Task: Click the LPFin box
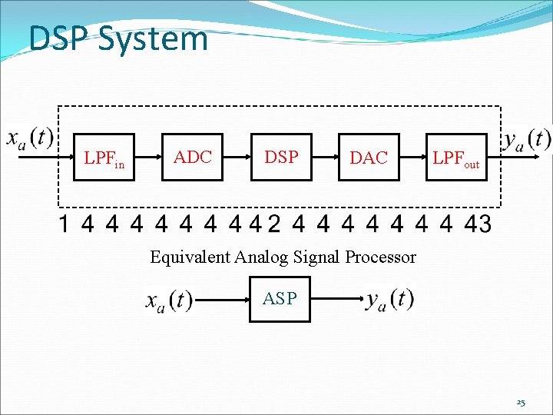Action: [x=104, y=158]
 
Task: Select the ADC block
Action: [x=192, y=158]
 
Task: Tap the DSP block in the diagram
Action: [x=281, y=158]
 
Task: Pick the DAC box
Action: [x=369, y=158]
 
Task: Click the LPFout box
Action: [x=456, y=158]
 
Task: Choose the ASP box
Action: [x=280, y=299]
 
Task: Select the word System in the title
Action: [x=154, y=39]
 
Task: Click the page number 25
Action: [x=520, y=403]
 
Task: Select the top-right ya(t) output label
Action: [x=527, y=139]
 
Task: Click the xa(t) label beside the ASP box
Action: [x=169, y=300]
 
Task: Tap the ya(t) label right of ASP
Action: [x=389, y=299]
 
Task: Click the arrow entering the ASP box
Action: [x=223, y=300]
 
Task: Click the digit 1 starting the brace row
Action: [x=65, y=224]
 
